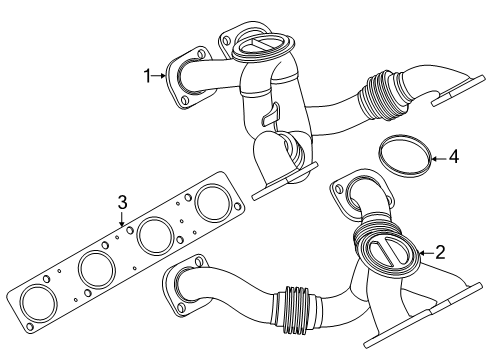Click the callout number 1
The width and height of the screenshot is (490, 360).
147,75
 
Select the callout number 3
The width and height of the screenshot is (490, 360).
122,203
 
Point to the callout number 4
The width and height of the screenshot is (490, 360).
453,157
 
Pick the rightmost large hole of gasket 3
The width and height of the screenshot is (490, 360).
212,202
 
